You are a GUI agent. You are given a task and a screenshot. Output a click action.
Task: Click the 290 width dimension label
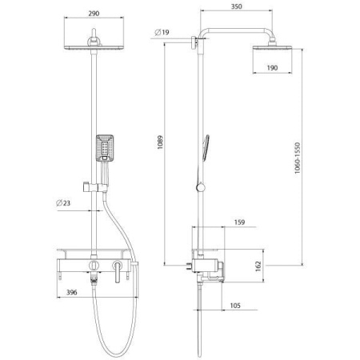[97, 14]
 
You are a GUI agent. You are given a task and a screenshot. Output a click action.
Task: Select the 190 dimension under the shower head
[272, 69]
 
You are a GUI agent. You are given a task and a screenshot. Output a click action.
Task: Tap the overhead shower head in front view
[97, 48]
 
